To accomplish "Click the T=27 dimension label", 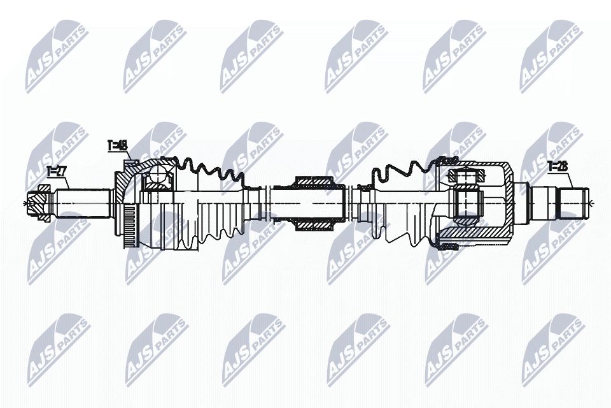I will tap(57, 171).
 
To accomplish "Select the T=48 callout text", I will tap(118, 146).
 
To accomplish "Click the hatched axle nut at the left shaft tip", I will tap(42, 203).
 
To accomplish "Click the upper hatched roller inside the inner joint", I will tap(465, 176).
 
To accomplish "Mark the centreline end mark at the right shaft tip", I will tap(591, 203).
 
